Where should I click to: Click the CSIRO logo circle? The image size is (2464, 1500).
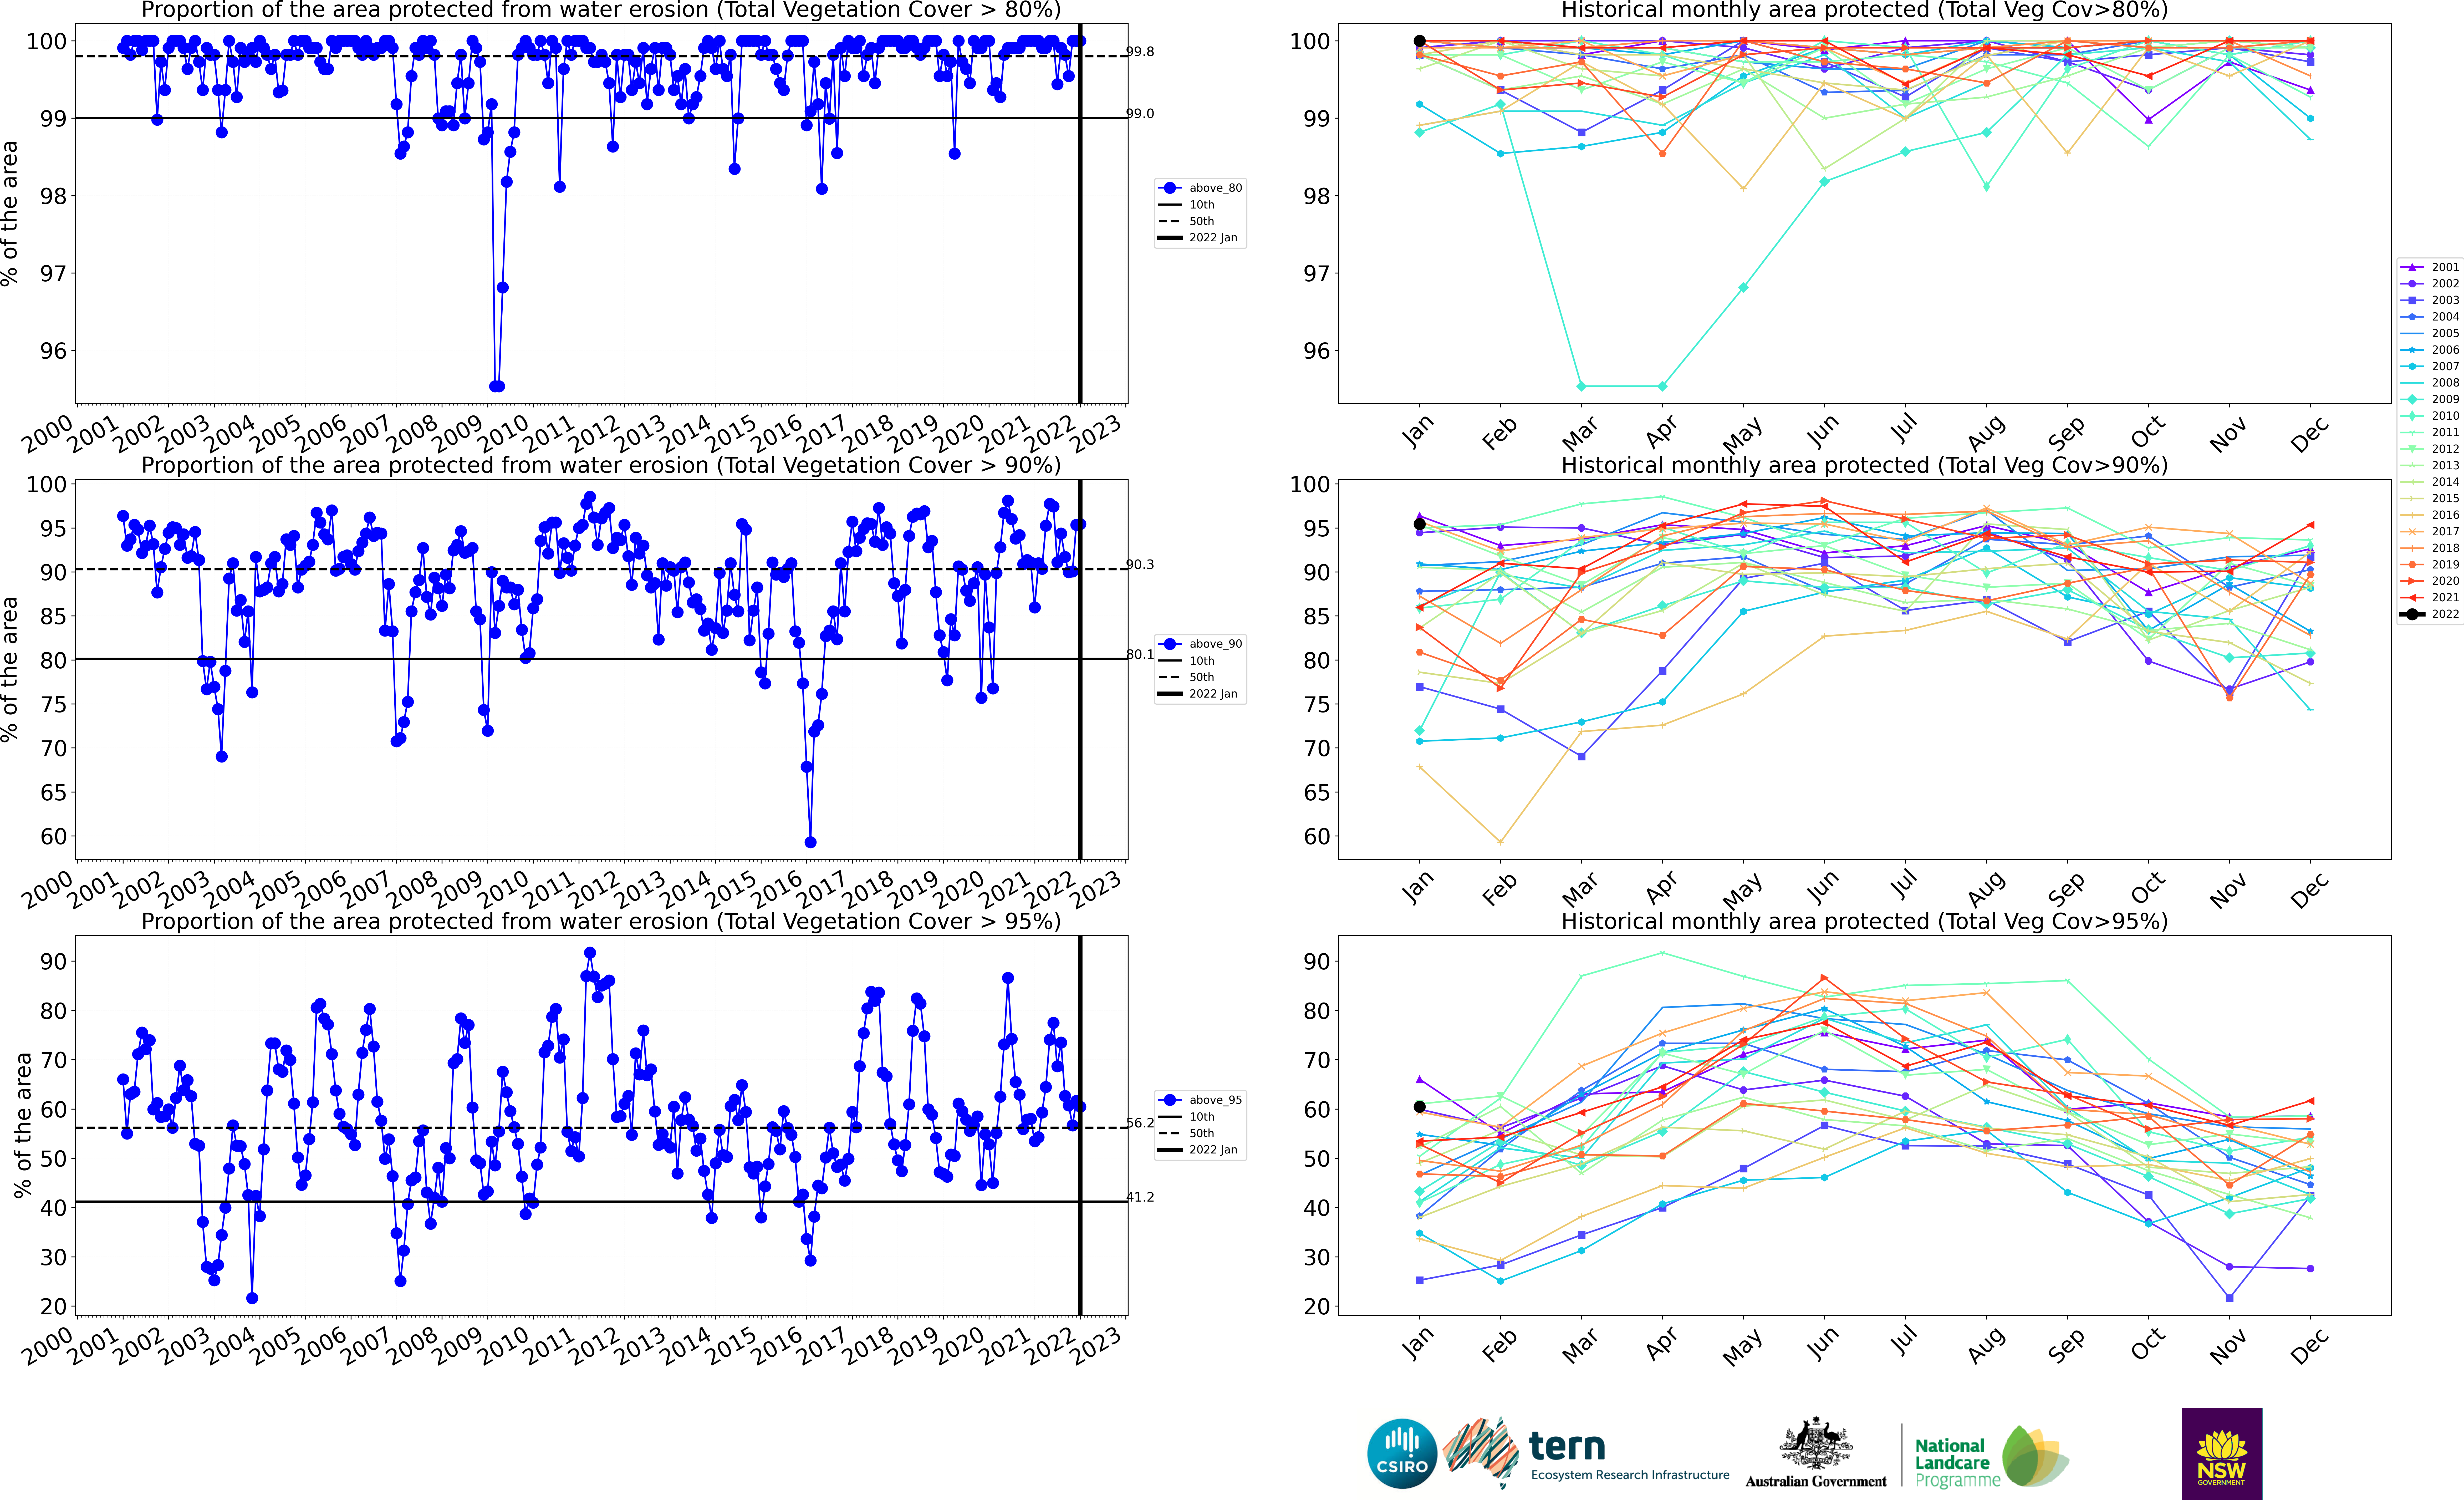[x=1402, y=1453]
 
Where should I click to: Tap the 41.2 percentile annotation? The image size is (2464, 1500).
[x=1140, y=1197]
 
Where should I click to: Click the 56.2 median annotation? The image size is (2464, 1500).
[x=1140, y=1123]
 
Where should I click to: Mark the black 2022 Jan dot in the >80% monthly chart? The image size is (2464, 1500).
[x=1419, y=41]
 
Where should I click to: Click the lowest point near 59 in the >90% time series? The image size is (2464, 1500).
[x=810, y=842]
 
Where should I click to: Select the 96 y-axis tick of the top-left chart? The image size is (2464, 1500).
[x=53, y=351]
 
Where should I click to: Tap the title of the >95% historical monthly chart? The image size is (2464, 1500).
[x=1864, y=921]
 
